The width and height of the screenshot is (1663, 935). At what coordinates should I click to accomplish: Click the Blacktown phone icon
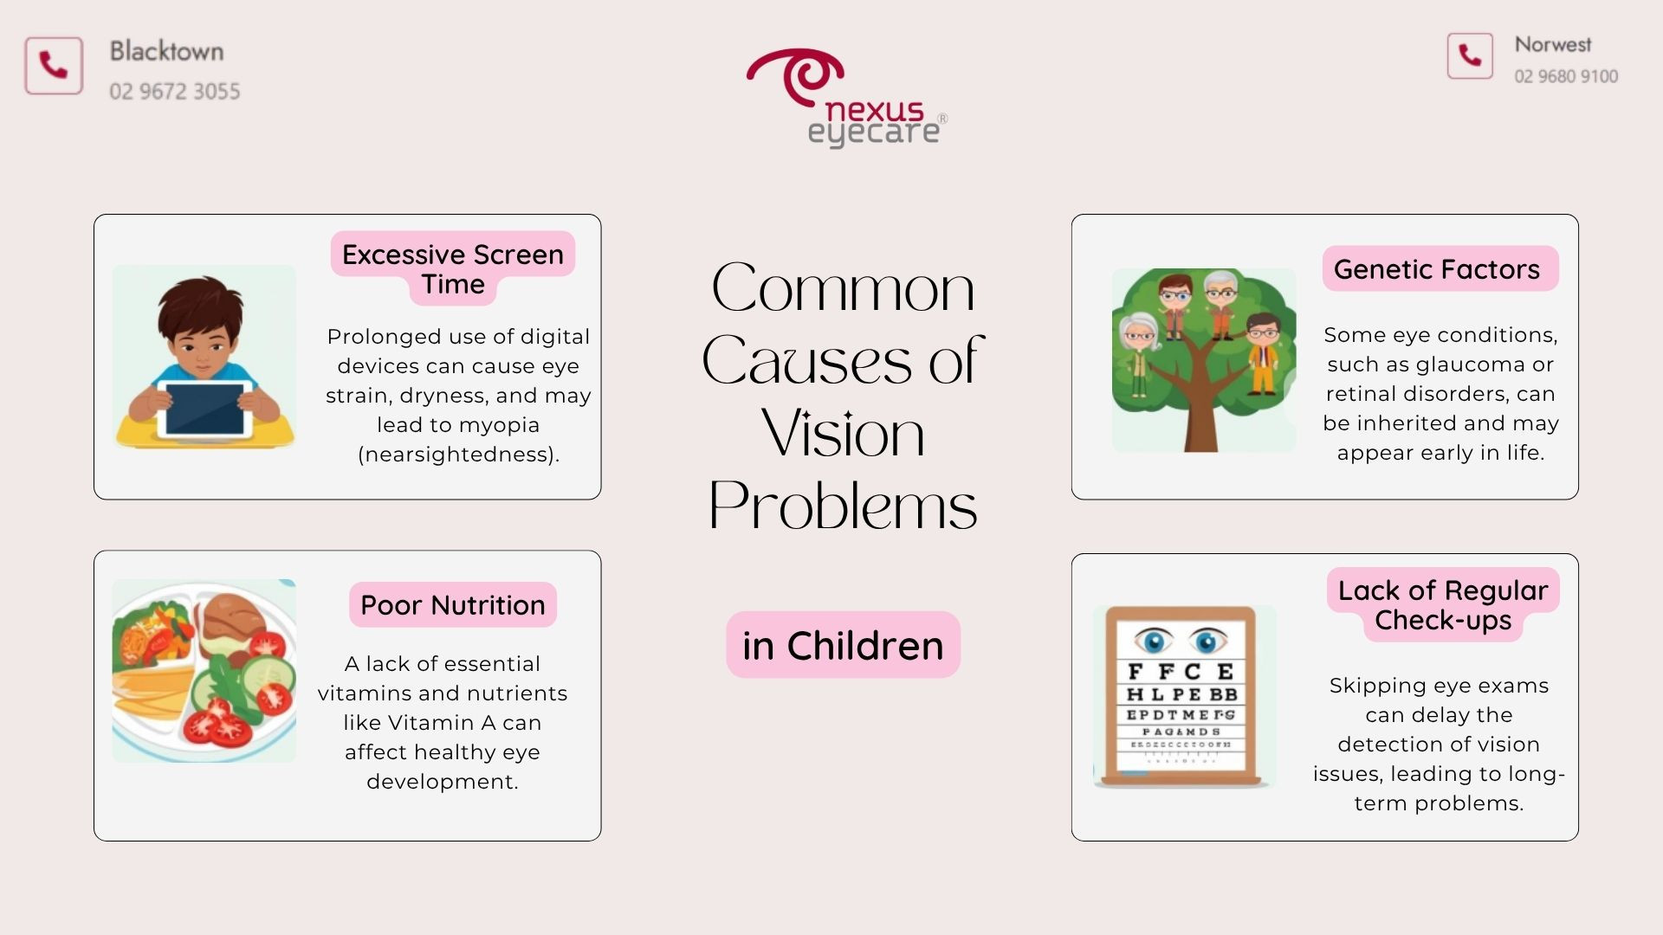[x=54, y=66]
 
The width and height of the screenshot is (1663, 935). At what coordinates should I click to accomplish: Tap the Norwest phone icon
[x=1470, y=56]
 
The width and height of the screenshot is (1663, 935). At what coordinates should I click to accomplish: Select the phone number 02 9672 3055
[x=175, y=91]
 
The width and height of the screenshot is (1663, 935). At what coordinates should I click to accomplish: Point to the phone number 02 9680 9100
[x=1566, y=76]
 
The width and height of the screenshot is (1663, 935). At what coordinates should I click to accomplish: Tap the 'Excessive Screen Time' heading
[x=453, y=268]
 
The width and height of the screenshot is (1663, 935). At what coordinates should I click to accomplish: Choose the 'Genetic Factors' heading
[x=1437, y=269]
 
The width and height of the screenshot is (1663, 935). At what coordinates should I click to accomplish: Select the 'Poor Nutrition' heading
[x=453, y=605]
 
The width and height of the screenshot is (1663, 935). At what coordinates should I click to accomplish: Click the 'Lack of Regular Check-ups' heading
[x=1443, y=605]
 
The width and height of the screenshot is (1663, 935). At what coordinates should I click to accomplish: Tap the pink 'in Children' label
[x=843, y=645]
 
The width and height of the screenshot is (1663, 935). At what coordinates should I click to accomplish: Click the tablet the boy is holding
[x=205, y=409]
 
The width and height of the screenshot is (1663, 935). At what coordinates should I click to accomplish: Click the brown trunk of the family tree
[x=1201, y=407]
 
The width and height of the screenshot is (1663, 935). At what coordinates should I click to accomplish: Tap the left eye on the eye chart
[x=1154, y=642]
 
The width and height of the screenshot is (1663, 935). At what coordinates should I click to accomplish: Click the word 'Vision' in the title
[x=843, y=432]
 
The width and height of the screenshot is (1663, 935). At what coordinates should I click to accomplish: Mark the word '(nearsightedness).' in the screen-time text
[x=459, y=455]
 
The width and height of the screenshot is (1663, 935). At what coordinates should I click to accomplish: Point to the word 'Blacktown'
[x=166, y=51]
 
